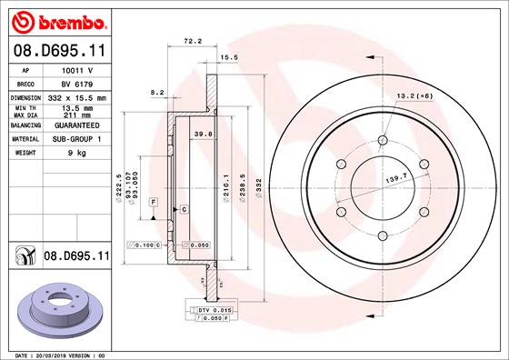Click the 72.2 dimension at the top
click(x=192, y=42)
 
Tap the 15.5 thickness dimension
click(x=229, y=57)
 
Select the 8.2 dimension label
click(x=156, y=92)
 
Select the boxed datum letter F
click(x=154, y=199)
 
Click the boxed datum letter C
click(x=184, y=209)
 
